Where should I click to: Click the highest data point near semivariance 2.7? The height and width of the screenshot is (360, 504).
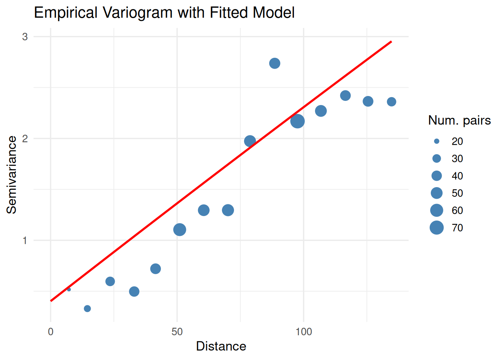click(274, 63)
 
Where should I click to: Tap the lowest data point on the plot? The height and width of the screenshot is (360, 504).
click(87, 309)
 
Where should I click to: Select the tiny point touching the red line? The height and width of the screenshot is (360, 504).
click(69, 289)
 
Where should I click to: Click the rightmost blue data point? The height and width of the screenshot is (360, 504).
click(391, 102)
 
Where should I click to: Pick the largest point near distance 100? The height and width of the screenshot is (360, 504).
click(297, 121)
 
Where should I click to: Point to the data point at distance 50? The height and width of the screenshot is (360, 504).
click(180, 229)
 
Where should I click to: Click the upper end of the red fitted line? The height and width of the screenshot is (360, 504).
click(391, 42)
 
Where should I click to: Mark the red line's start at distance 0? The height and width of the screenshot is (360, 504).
click(51, 301)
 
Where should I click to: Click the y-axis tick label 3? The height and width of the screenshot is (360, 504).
click(25, 37)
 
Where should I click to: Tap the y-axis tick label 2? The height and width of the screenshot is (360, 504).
click(25, 139)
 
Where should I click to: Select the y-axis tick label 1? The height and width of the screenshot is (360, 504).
click(25, 240)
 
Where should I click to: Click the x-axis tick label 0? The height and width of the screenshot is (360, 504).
click(51, 332)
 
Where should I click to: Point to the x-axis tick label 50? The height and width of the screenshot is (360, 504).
click(177, 332)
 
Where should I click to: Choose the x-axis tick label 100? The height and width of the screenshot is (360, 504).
click(303, 332)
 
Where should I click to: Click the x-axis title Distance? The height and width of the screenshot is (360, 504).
click(221, 346)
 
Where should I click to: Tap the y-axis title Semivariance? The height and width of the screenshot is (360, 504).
click(12, 175)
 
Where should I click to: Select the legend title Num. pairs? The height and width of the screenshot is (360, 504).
click(459, 120)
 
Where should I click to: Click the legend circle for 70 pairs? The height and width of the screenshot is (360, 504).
click(436, 228)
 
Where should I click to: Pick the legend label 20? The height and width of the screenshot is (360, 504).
click(457, 141)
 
